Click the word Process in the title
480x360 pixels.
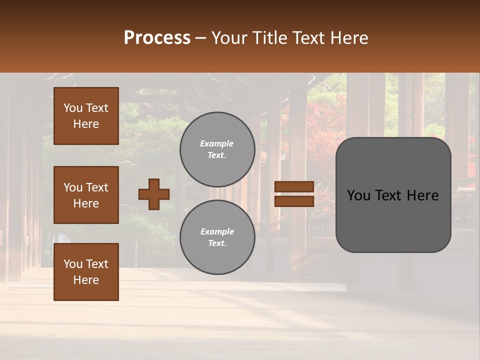(157, 38)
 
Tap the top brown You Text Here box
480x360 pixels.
(86, 116)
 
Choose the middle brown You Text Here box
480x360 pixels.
(86, 195)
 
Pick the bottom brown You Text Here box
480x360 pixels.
(86, 272)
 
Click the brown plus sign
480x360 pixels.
(154, 194)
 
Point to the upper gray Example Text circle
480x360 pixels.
(217, 149)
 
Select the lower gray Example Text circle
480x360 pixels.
(217, 237)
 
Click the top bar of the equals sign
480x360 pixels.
(294, 186)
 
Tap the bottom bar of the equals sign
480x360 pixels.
(294, 201)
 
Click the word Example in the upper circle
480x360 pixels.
(217, 143)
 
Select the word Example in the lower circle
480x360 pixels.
(217, 231)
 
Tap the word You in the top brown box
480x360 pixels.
(73, 108)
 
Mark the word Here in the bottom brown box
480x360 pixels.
(86, 280)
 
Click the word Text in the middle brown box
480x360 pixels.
(97, 187)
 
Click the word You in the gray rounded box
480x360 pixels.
(358, 195)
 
